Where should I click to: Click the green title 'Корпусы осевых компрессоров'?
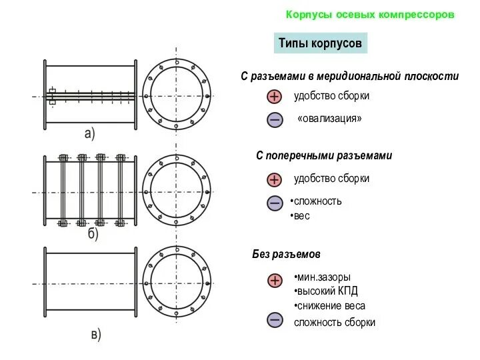pyautogui.click(x=370, y=14)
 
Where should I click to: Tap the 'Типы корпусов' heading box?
pyautogui.click(x=320, y=44)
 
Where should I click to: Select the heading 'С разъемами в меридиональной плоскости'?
pyautogui.click(x=349, y=77)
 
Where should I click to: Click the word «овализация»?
pyautogui.click(x=330, y=119)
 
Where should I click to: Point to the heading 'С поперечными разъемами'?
pyautogui.click(x=324, y=155)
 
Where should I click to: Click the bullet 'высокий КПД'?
pyautogui.click(x=327, y=291)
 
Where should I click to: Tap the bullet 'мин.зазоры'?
pyautogui.click(x=323, y=277)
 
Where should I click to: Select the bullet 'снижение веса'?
pyautogui.click(x=331, y=306)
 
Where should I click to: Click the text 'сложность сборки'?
pyautogui.click(x=335, y=322)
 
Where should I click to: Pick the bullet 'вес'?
pyautogui.click(x=301, y=216)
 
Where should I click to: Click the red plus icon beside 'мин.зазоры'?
pyautogui.click(x=275, y=281)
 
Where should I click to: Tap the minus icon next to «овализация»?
pyautogui.click(x=275, y=120)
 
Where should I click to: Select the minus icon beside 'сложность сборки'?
pyautogui.click(x=275, y=320)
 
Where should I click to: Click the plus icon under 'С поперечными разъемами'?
pyautogui.click(x=275, y=179)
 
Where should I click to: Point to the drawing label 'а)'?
pyautogui.click(x=89, y=133)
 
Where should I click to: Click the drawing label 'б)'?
pyautogui.click(x=93, y=235)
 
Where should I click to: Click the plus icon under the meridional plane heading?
pyautogui.click(x=275, y=97)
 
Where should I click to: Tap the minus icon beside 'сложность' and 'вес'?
pyautogui.click(x=275, y=203)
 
